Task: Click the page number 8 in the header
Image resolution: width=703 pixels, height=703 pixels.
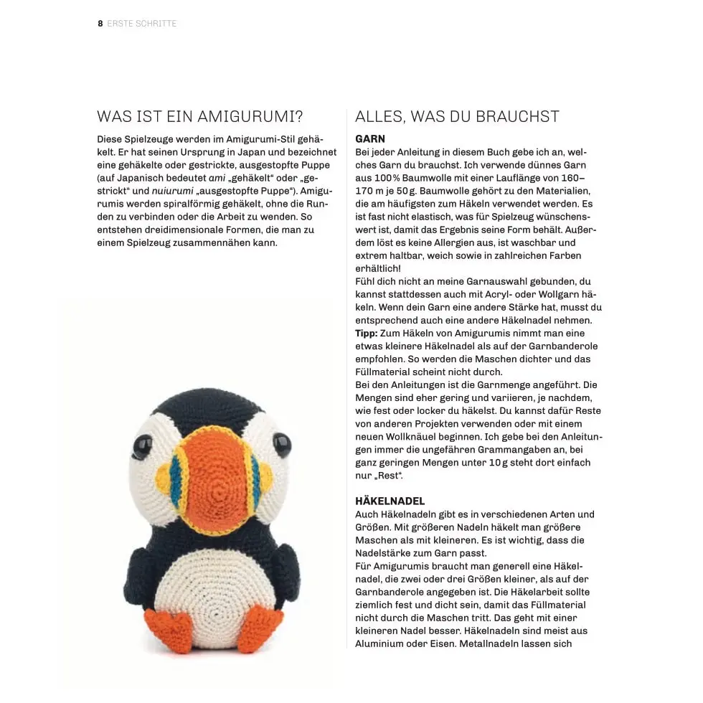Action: [100, 24]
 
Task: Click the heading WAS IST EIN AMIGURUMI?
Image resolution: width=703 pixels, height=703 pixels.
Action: [200, 117]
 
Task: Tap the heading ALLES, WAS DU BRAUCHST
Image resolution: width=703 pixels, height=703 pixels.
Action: [457, 117]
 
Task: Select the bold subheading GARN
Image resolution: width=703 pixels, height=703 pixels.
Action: [370, 139]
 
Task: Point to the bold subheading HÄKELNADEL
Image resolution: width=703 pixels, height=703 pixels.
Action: [390, 501]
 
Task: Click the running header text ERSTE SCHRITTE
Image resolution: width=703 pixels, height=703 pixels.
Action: [142, 24]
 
